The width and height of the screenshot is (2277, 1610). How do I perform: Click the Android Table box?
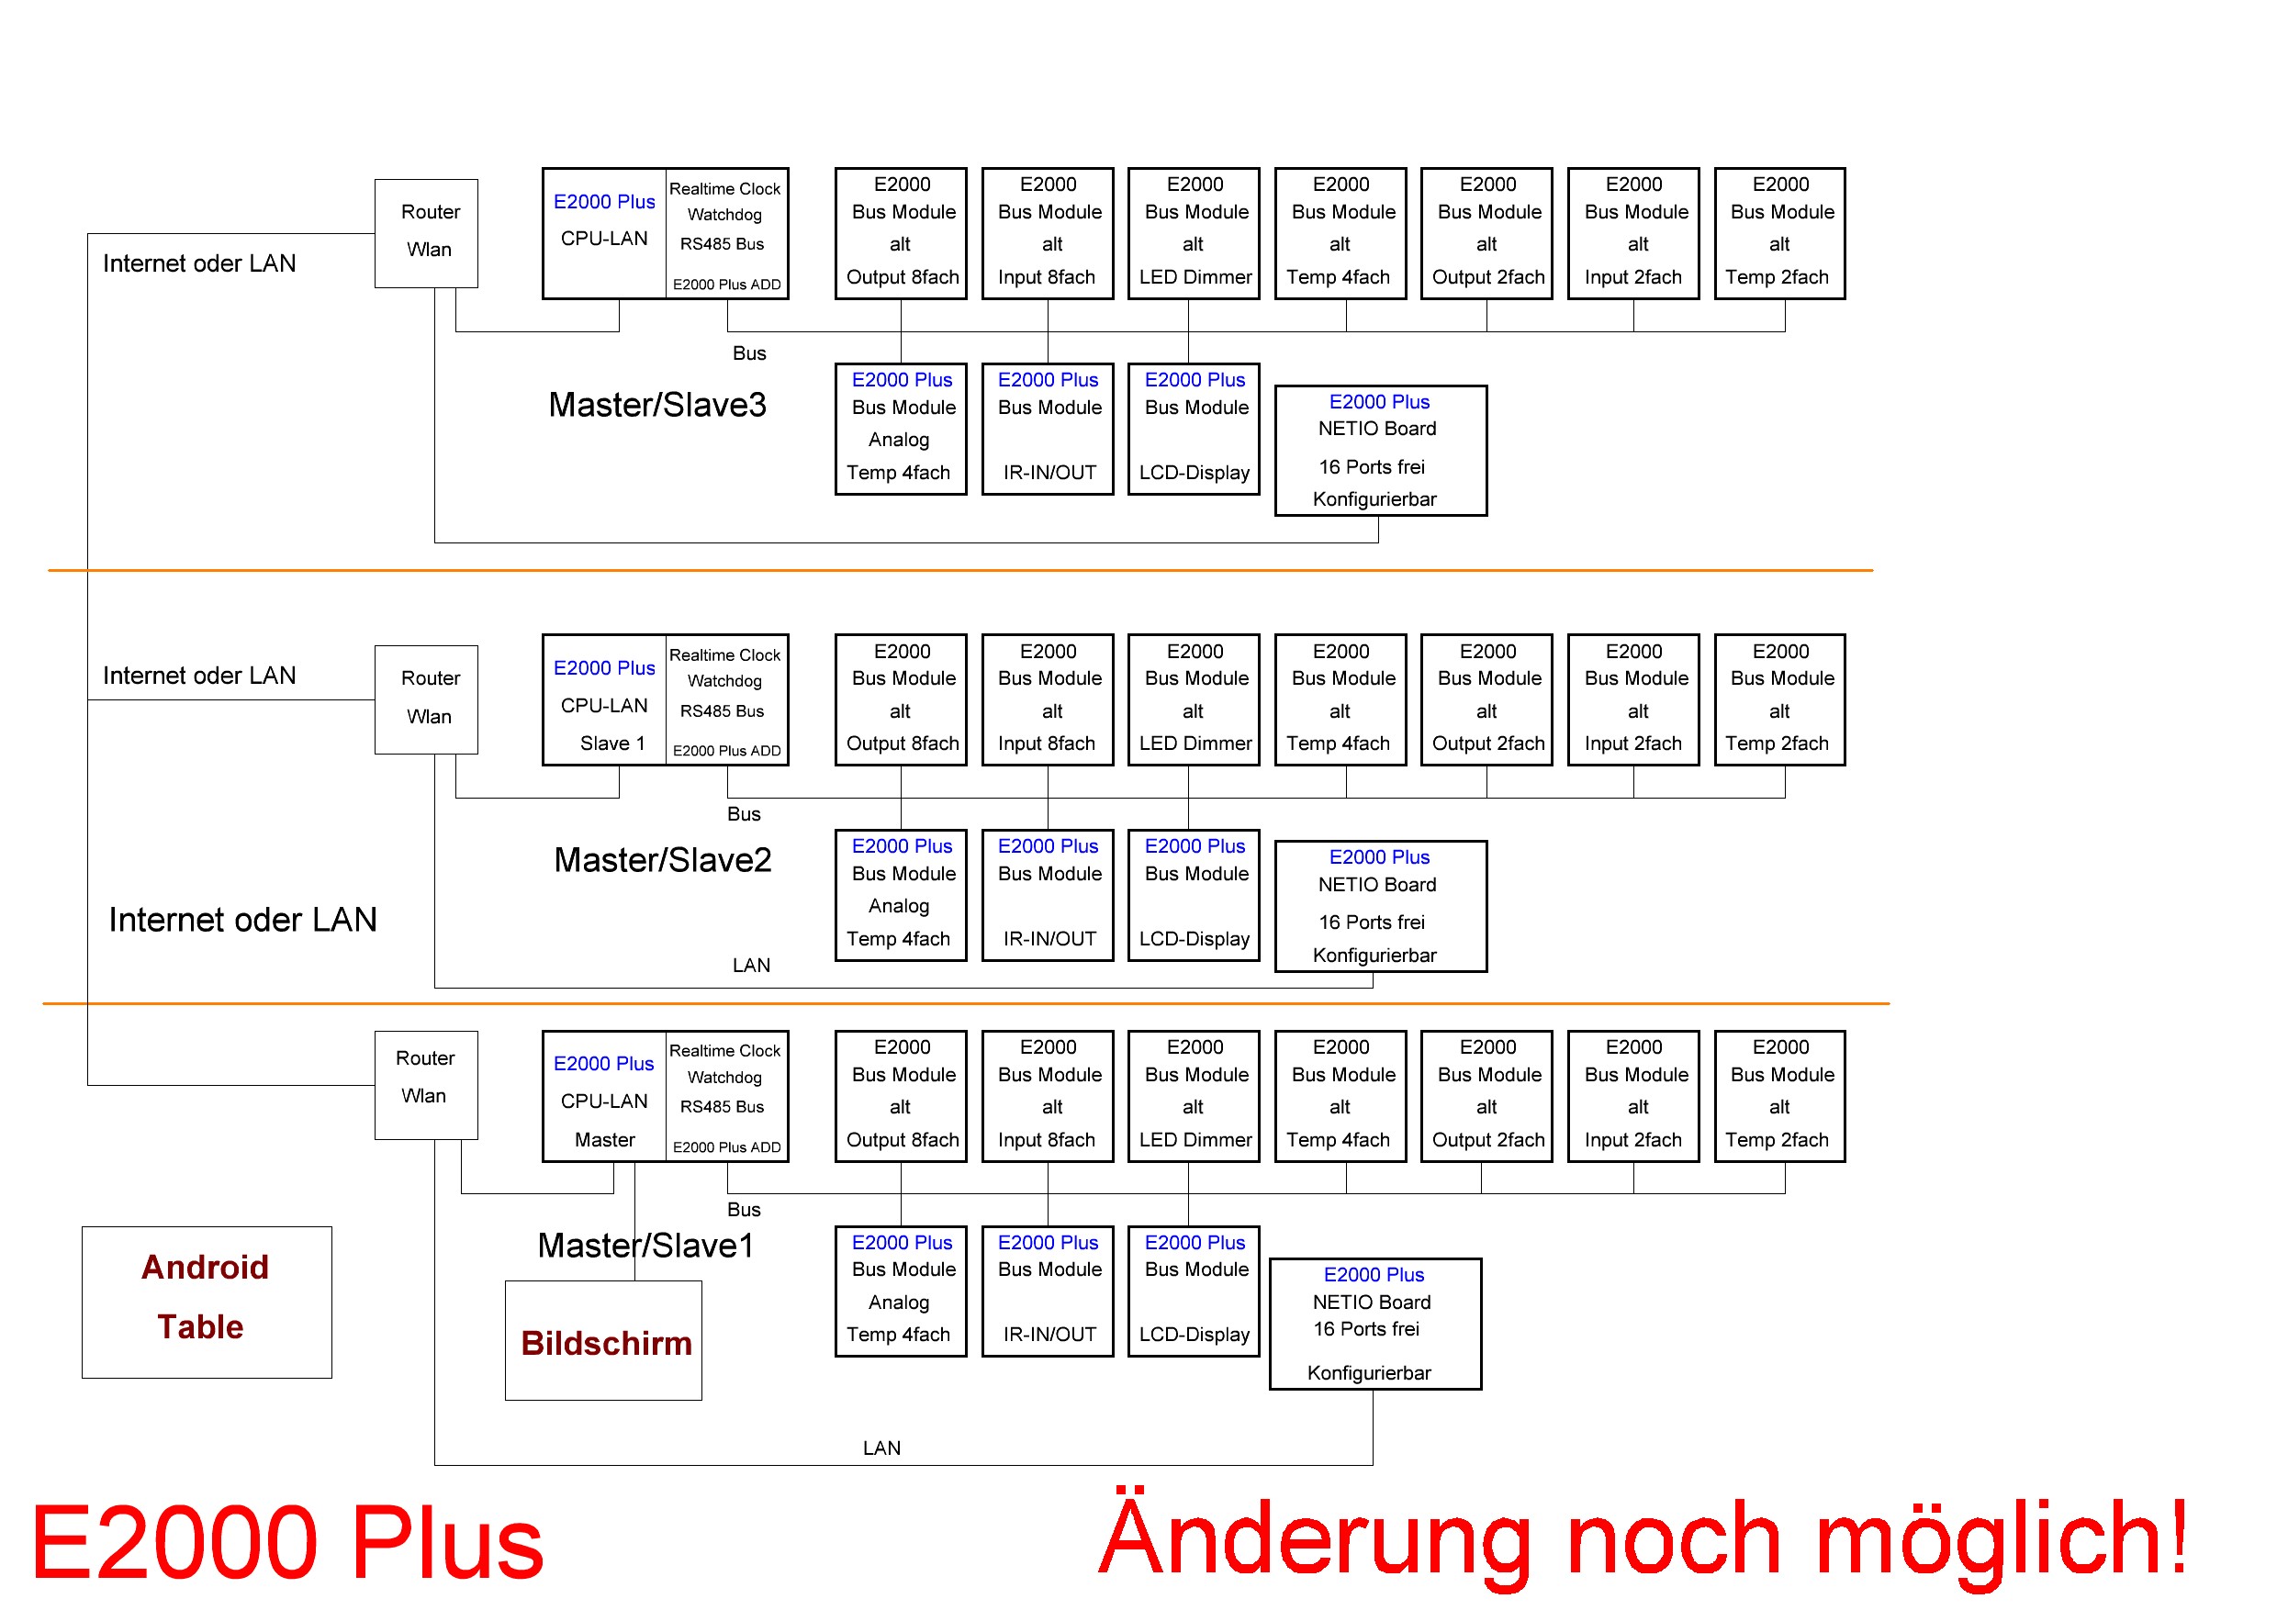(207, 1302)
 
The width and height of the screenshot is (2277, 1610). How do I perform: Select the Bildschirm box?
(603, 1340)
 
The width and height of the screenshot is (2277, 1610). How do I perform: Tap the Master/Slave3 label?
(656, 405)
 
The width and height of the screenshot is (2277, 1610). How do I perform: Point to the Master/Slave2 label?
(663, 859)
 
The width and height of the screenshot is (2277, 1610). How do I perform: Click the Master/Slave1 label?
(645, 1246)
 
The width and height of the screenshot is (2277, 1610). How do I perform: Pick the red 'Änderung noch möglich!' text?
(1642, 1538)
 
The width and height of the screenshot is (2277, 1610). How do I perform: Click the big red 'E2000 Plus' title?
(287, 1543)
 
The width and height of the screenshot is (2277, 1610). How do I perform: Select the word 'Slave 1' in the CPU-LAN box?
(611, 744)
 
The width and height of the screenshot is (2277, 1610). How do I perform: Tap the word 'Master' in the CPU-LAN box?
(604, 1140)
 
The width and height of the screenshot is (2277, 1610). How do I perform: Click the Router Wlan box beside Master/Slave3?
(425, 233)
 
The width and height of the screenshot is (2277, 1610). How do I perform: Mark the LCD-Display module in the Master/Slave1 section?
(1193, 1291)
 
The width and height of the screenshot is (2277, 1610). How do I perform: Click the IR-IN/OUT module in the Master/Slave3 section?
(1048, 429)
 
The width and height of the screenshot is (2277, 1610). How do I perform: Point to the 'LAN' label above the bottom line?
(881, 1448)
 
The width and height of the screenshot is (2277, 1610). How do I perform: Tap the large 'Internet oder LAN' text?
(242, 920)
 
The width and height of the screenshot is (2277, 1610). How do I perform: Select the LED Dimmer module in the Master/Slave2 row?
(1193, 699)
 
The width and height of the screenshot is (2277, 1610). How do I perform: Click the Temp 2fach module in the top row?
(1779, 233)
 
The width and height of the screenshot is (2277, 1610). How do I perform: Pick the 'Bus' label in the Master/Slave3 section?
(749, 352)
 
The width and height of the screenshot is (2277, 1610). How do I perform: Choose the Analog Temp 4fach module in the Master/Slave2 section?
(900, 895)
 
